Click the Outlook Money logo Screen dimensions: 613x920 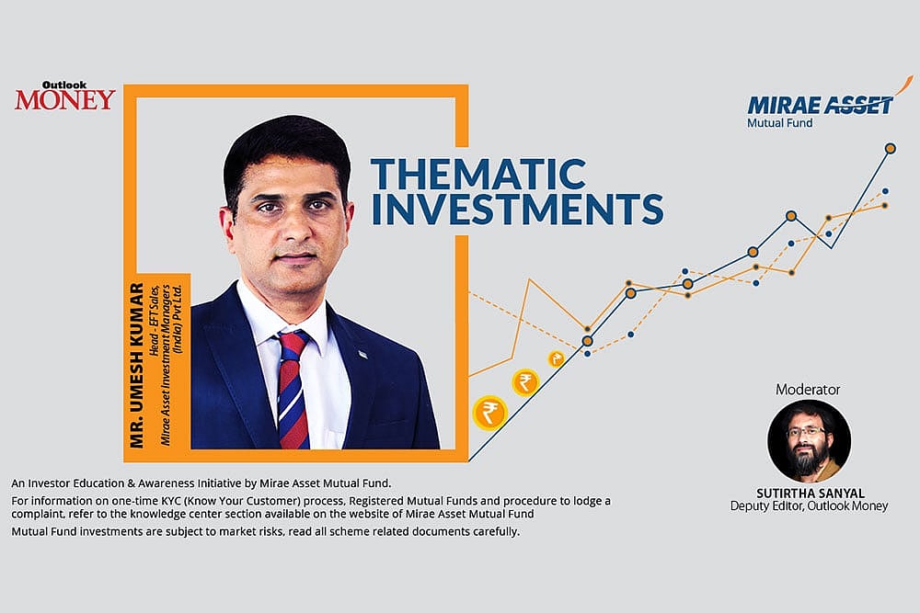64,96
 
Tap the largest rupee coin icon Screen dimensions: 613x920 489,413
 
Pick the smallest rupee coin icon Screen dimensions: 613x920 556,358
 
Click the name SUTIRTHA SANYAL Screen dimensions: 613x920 809,492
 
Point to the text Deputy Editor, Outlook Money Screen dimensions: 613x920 809,505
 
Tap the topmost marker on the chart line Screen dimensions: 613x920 890,147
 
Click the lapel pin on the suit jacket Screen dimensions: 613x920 362,354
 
